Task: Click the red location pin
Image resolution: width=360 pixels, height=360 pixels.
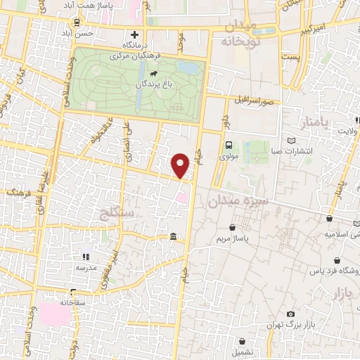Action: point(181,165)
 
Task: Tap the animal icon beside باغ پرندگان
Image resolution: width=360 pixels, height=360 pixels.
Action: point(153,72)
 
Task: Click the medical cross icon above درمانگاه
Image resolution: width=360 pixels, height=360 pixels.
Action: point(134,34)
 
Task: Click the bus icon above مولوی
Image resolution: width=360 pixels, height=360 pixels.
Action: point(229,146)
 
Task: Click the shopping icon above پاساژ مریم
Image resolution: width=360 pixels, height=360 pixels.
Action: point(233,228)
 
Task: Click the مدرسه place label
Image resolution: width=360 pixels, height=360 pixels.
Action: point(86,268)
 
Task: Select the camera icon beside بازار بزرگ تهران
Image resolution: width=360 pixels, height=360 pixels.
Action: point(290,314)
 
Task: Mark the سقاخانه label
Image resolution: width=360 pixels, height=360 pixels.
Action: point(72,302)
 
